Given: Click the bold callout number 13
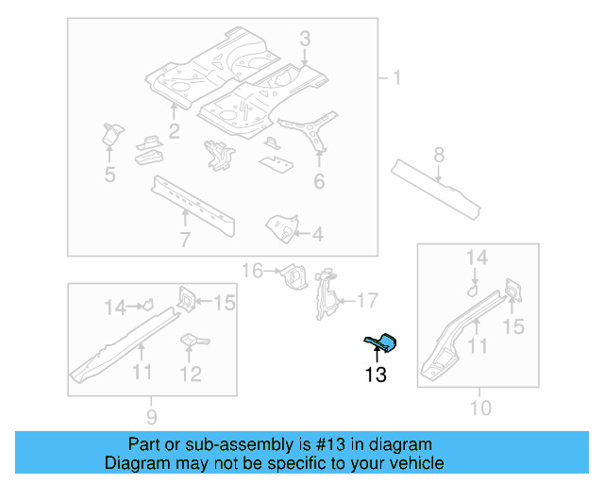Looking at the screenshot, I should [375, 375].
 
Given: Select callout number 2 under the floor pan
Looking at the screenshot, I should [175, 131].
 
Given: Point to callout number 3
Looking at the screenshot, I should [305, 39].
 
